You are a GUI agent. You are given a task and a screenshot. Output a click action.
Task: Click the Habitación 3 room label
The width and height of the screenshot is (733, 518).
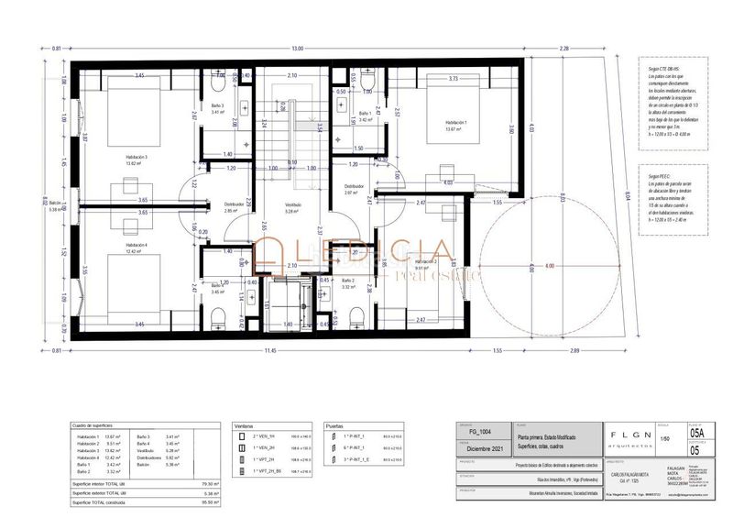click(137, 158)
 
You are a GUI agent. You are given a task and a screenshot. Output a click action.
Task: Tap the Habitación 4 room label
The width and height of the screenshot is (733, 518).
click(137, 246)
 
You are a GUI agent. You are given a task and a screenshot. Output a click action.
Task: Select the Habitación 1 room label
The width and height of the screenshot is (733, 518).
click(455, 123)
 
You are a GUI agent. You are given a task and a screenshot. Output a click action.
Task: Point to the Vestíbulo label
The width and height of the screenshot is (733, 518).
click(293, 205)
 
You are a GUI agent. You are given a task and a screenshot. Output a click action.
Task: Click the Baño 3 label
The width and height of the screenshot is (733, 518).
click(217, 106)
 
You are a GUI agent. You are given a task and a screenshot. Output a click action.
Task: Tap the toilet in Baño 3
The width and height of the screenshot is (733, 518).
click(216, 83)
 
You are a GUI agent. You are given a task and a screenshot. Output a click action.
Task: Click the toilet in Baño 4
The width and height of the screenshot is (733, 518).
click(216, 320)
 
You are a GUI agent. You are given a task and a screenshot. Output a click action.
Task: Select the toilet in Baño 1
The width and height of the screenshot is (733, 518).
click(367, 83)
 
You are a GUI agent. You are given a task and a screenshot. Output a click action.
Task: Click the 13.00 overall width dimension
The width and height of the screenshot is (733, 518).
click(296, 48)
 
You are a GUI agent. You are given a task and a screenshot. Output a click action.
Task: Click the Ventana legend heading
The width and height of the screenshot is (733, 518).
click(244, 426)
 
